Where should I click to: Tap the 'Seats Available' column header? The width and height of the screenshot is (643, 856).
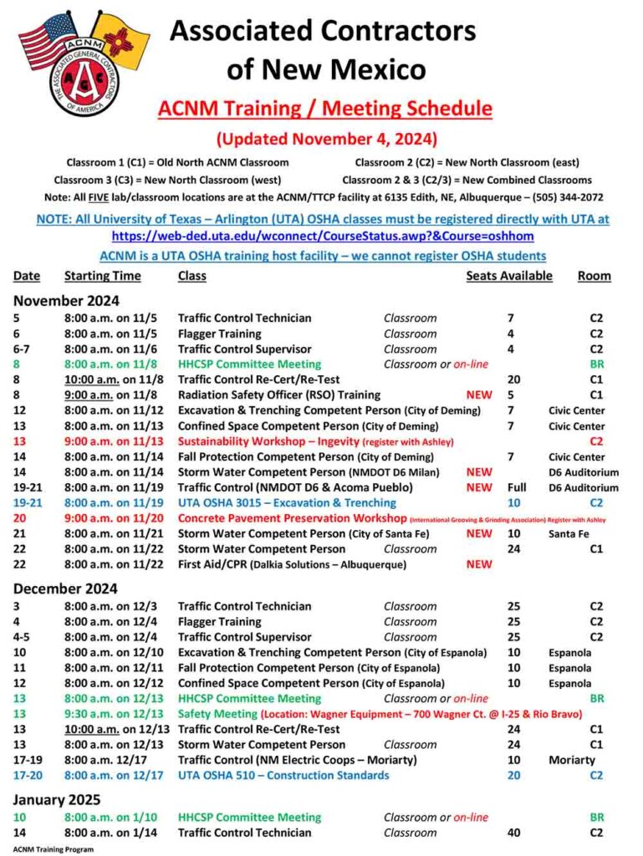coord(508,276)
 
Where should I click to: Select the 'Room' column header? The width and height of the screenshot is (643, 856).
coord(594,276)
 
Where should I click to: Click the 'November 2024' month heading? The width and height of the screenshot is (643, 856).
coord(66,300)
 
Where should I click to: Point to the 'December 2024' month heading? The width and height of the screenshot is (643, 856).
coord(65,588)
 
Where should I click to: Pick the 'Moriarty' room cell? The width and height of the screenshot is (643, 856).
coord(572,760)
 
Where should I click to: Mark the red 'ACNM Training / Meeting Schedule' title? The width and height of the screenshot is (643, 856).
coord(325,109)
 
